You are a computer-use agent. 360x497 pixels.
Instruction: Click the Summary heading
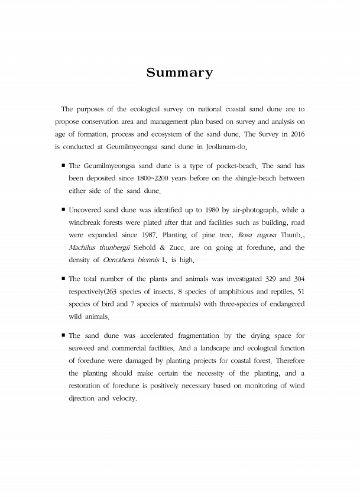[x=180, y=73]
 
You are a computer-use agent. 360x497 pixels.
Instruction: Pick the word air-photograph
[x=252, y=210]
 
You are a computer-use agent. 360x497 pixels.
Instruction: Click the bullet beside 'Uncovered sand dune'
[x=63, y=209]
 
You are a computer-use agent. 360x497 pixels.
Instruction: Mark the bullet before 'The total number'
[x=63, y=279]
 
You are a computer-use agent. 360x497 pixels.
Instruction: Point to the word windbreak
[x=87, y=222]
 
